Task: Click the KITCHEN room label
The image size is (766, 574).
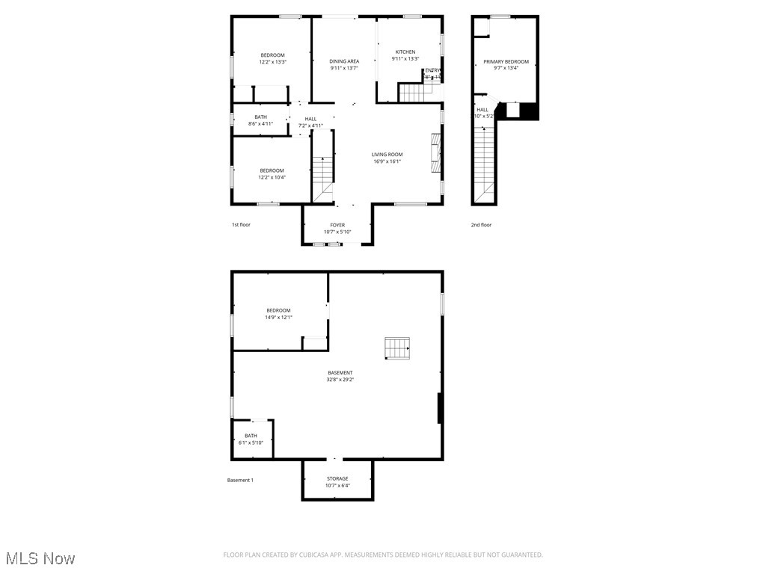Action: click(405, 52)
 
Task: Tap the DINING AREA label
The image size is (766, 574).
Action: click(344, 61)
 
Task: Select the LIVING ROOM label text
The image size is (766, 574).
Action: click(387, 155)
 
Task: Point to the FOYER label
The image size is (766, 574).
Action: click(337, 225)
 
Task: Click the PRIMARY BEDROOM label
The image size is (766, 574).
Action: click(506, 62)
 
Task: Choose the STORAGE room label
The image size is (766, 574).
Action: click(337, 478)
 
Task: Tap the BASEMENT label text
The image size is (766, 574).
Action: click(340, 373)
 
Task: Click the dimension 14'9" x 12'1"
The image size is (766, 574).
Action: click(278, 317)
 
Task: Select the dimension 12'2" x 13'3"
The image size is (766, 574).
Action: click(272, 62)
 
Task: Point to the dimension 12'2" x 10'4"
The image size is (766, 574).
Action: click(272, 177)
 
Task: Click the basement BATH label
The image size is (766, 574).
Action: click(251, 436)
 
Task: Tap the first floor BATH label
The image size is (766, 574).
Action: click(260, 117)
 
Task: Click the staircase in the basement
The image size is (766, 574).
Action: click(398, 348)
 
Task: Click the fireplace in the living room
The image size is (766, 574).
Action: click(435, 153)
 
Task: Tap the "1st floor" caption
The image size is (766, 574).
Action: click(241, 225)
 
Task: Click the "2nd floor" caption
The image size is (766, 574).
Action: click(481, 225)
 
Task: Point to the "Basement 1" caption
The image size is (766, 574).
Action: click(240, 480)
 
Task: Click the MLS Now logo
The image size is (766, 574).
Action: click(40, 558)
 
